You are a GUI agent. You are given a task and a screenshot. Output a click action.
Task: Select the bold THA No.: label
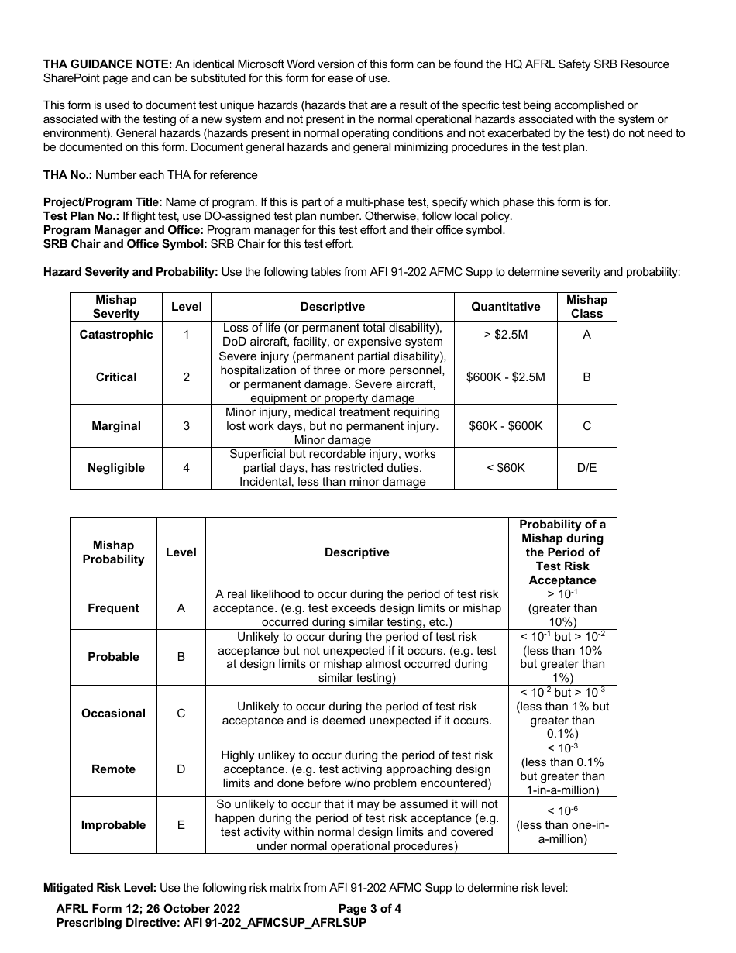68,175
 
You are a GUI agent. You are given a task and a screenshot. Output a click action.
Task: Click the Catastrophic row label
116,335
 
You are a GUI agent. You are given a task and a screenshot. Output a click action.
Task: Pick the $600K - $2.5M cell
505,377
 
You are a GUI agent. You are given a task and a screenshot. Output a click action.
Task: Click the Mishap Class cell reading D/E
586,468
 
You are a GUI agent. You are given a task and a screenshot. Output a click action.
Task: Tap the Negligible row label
116,468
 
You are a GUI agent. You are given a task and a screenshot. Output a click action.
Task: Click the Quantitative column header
505,307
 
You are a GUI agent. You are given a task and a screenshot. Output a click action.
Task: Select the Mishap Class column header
586,307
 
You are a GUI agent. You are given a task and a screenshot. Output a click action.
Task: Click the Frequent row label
113,608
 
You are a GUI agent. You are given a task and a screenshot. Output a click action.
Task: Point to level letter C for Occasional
181,714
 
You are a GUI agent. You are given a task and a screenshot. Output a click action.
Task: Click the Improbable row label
113,825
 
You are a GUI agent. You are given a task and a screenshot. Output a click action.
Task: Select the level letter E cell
181,825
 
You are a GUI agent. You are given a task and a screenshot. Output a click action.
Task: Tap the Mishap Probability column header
113,552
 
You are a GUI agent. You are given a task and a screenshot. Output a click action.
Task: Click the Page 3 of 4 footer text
370,909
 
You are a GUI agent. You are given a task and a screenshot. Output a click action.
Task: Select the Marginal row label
116,426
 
